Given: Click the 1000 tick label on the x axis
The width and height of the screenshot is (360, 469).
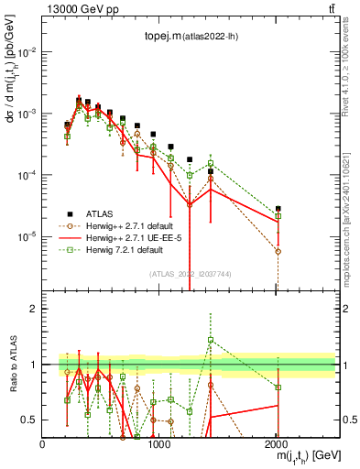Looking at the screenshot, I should (159, 444).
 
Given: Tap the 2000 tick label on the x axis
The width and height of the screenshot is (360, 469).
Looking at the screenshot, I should (277, 444).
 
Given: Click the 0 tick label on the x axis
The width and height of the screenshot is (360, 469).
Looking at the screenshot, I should (43, 444).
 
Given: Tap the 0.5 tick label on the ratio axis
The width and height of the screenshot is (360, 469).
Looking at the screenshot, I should (27, 420).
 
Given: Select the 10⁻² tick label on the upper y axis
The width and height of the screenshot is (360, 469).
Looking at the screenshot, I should (26, 51).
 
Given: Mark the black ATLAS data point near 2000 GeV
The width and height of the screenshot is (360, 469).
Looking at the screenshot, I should (278, 209).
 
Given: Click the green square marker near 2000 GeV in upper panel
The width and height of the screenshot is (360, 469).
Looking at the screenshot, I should (278, 216).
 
